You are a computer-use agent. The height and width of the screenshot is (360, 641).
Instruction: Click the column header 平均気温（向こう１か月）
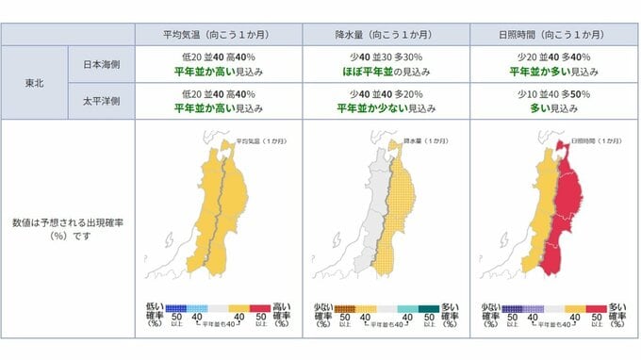pos(218,35)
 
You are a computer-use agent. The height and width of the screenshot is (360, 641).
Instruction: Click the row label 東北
pos(33,83)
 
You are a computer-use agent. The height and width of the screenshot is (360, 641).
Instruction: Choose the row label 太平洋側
pos(101,102)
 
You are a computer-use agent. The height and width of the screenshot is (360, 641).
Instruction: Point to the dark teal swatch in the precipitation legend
pos(429,308)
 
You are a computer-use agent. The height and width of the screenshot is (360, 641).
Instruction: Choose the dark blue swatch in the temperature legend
pos(174,308)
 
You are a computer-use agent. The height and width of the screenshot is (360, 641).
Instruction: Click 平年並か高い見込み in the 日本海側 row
pos(218,70)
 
